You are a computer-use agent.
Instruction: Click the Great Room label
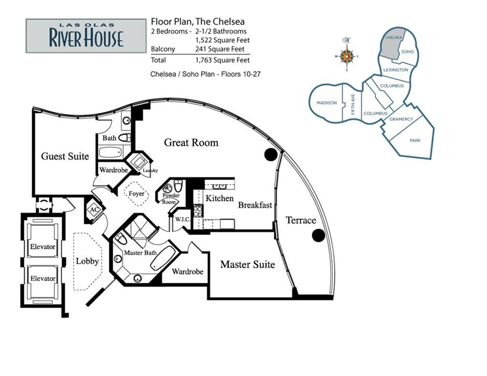[x=191, y=142]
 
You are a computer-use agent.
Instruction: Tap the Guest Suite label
[x=65, y=156]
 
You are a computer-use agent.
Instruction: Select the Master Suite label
[x=248, y=264]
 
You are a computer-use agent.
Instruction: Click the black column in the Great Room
[x=271, y=154]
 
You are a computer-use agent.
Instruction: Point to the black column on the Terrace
[x=318, y=235]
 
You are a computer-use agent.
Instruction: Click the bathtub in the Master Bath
[x=163, y=258]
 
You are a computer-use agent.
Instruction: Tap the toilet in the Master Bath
[x=120, y=239]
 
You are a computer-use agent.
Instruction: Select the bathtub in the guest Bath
[x=112, y=152]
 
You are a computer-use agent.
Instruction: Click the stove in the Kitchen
[x=198, y=211]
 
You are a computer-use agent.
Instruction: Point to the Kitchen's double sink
[x=219, y=186]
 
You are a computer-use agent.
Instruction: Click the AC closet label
[x=94, y=210]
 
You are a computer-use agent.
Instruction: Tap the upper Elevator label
[x=43, y=247]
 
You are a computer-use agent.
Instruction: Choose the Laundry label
[x=150, y=170]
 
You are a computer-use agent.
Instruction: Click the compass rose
[x=347, y=56]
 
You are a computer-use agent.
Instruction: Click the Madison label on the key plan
[x=326, y=102]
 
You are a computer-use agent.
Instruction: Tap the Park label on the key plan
[x=415, y=141]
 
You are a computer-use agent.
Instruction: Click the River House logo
[x=86, y=36]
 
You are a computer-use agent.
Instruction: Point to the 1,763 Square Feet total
[x=223, y=60]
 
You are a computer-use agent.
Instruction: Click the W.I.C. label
[x=183, y=219]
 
